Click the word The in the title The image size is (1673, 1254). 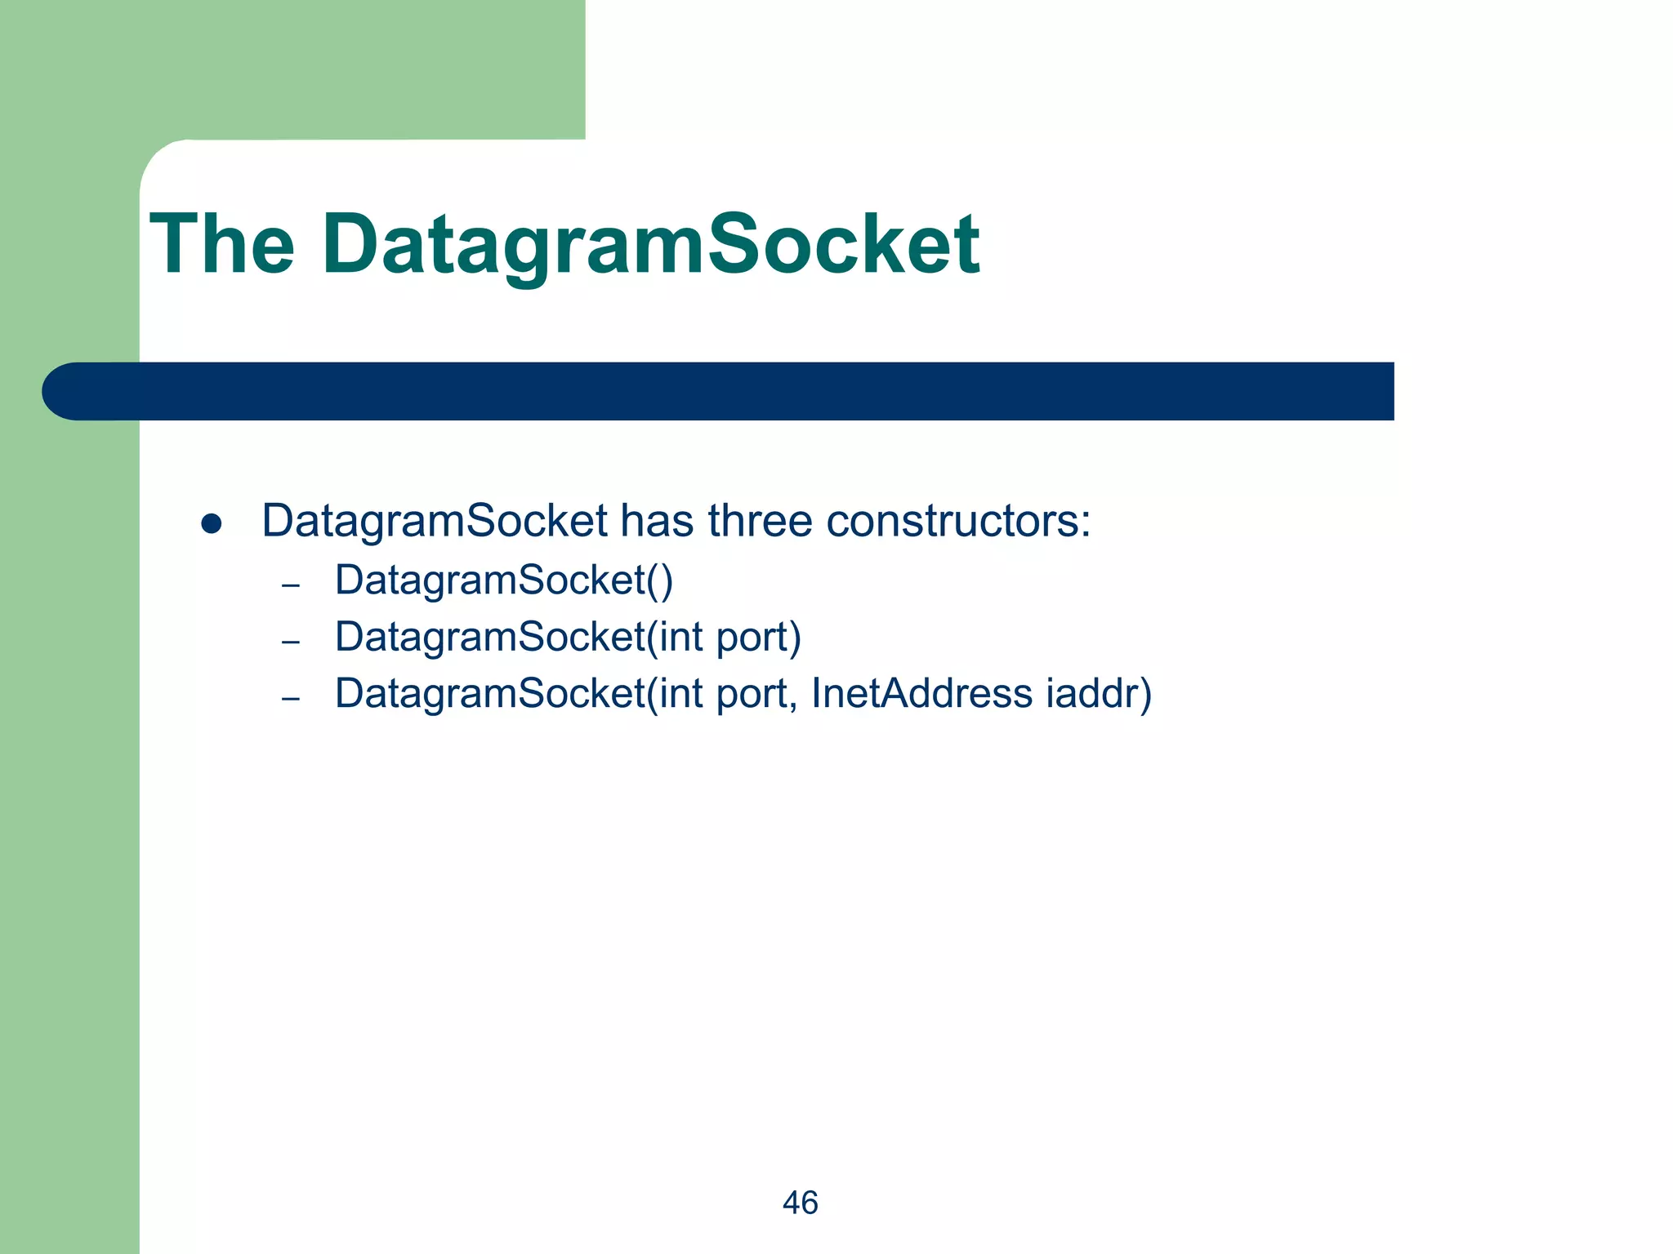point(221,244)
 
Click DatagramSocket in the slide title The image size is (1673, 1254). point(650,244)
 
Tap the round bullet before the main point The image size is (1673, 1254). point(212,524)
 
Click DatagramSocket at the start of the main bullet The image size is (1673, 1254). point(434,520)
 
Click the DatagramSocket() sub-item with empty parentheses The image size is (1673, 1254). point(503,580)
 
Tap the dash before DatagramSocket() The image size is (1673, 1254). point(290,585)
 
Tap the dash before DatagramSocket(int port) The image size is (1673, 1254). point(290,642)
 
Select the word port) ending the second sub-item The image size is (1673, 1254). point(758,638)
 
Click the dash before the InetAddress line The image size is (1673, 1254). point(290,699)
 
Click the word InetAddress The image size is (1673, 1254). point(921,693)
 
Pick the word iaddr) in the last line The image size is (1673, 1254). point(1098,693)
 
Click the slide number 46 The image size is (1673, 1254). point(800,1203)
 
